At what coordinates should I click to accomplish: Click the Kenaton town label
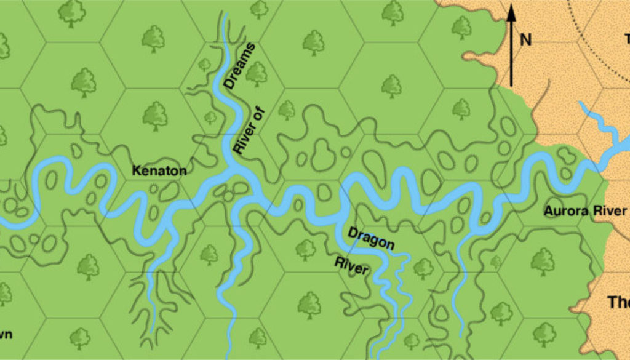coord(159,170)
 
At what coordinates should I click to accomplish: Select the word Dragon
coord(371,238)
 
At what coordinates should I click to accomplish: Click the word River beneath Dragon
coord(351,266)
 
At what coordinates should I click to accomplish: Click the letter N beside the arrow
coord(525,40)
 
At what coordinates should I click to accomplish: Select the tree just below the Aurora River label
coord(543,260)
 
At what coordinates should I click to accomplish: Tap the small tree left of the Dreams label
coord(205,65)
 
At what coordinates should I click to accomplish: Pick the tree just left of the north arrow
coord(461,26)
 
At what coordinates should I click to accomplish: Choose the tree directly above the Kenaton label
coord(155,115)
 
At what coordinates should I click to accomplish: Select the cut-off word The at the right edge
coord(617,303)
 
